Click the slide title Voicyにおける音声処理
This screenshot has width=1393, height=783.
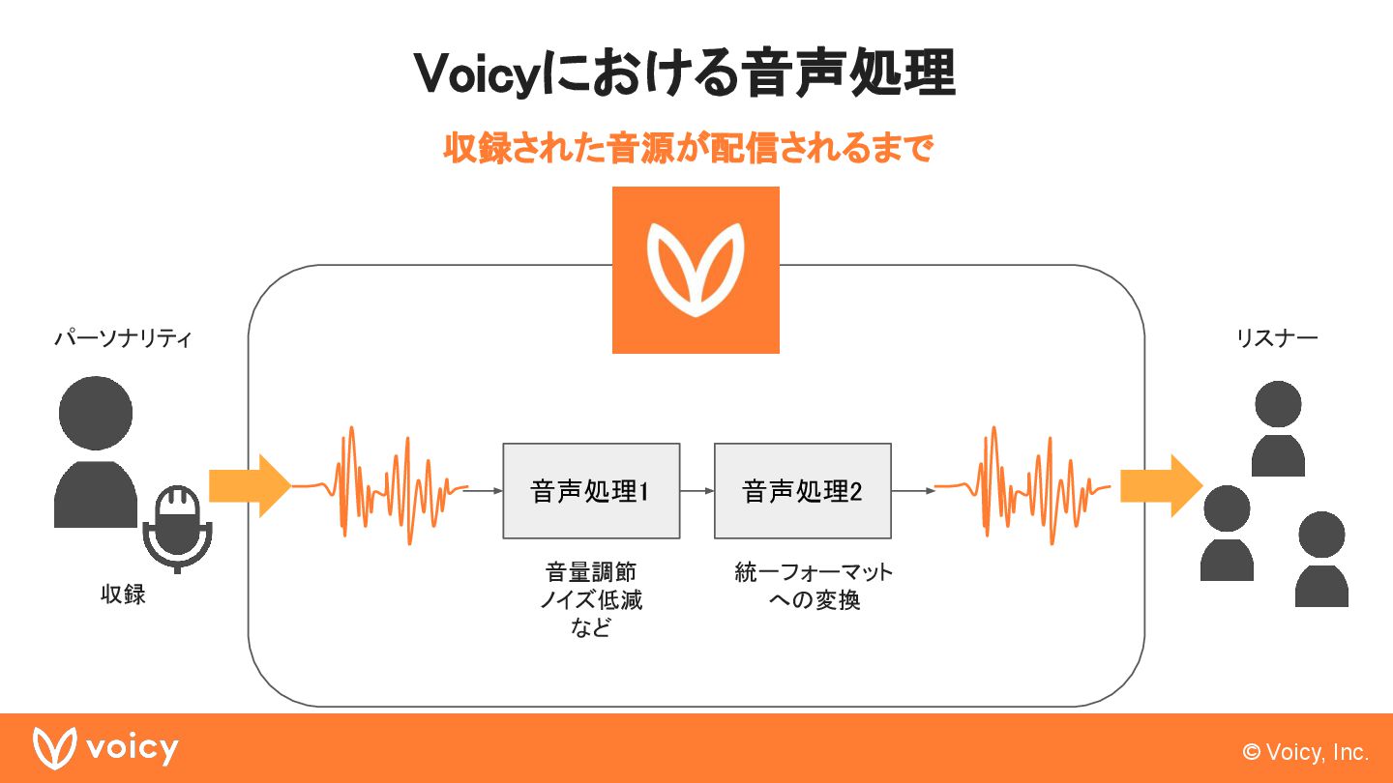[685, 73]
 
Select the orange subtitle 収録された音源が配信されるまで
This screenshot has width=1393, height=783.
[687, 149]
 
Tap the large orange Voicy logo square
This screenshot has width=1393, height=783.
[696, 270]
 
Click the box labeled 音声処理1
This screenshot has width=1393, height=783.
[591, 491]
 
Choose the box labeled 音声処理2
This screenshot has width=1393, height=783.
[802, 491]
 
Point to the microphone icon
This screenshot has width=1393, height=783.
[176, 527]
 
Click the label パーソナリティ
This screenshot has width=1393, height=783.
[123, 339]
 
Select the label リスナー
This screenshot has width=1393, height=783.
[1277, 338]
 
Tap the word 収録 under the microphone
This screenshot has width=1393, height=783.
[123, 594]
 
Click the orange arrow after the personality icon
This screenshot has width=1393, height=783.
[250, 486]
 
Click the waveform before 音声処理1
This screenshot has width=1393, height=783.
[380, 482]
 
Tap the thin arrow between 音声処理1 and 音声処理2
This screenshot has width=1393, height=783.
[696, 491]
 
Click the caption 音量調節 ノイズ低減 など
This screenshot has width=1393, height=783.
[590, 599]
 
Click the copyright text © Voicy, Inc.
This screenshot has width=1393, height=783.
[1306, 752]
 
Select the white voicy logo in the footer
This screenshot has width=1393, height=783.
[106, 748]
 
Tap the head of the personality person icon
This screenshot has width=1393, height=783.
[95, 413]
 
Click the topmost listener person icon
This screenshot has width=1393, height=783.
[1278, 427]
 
